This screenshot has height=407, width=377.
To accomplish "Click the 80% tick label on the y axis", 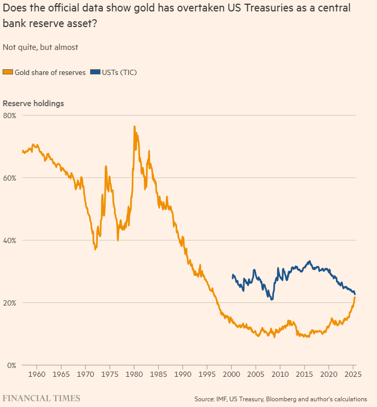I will (x=10, y=115).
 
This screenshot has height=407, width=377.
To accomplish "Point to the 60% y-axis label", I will (x=10, y=177).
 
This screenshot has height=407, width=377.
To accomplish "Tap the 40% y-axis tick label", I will (x=10, y=240).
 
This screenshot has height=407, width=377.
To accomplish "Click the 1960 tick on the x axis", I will (x=37, y=374).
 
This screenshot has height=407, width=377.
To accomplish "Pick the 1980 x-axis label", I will (x=134, y=374).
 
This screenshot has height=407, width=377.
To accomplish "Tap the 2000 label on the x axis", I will (x=232, y=374).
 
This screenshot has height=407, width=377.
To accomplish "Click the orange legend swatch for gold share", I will (x=7, y=72).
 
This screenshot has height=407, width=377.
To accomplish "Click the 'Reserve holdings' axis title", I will (x=33, y=103).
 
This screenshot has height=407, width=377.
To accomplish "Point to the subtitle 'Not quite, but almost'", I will (x=40, y=47).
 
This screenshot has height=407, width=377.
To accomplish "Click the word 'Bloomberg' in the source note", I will (x=279, y=399).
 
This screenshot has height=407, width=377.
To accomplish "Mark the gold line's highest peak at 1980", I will (x=134, y=126).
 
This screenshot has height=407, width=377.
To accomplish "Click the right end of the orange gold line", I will (x=355, y=297).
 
